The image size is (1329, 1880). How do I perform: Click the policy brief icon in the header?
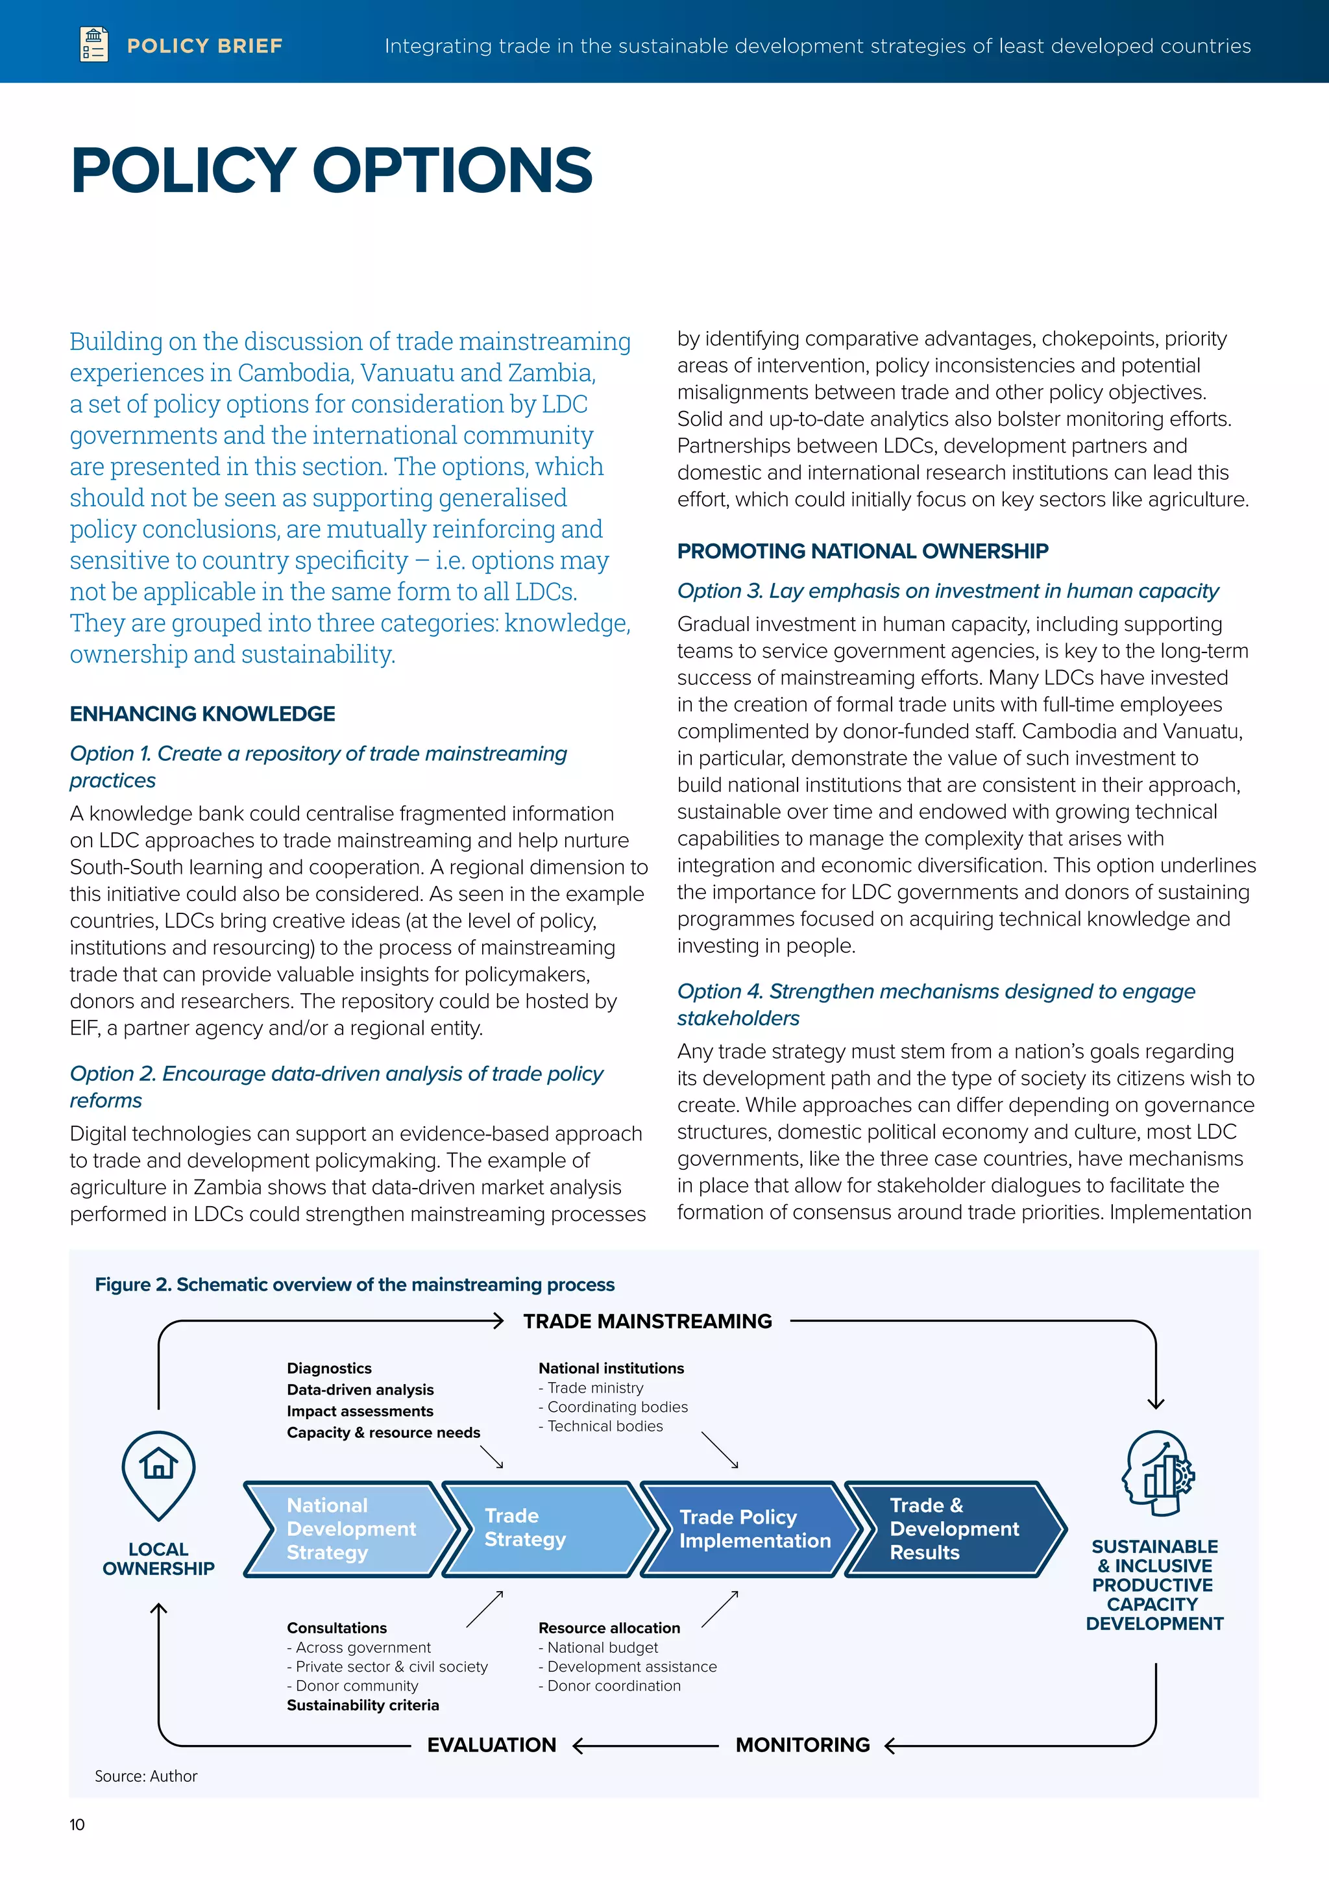(x=94, y=44)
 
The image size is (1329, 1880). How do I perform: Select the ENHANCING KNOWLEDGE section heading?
(x=202, y=714)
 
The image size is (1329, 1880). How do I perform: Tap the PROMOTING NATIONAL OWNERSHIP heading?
(x=862, y=551)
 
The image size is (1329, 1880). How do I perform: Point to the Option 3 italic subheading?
(x=947, y=591)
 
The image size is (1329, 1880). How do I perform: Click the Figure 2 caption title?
(x=354, y=1285)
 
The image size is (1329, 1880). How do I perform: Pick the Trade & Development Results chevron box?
(x=954, y=1529)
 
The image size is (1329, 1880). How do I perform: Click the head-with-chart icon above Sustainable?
(x=1157, y=1474)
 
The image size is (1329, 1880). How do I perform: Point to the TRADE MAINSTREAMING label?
(x=648, y=1322)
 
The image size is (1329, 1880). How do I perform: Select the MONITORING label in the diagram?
(x=803, y=1745)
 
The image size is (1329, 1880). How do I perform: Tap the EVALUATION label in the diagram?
(x=491, y=1745)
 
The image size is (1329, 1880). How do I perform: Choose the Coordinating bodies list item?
(x=617, y=1407)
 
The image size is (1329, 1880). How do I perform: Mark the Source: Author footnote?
(x=145, y=1776)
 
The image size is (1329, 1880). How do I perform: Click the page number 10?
(x=77, y=1824)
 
